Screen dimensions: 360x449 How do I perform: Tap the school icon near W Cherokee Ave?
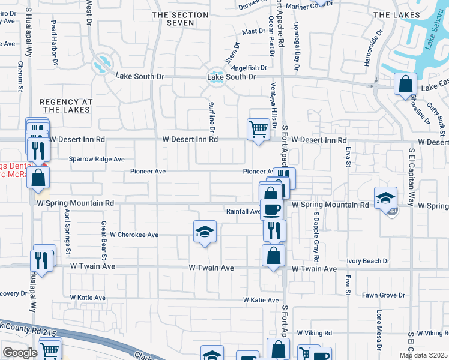tap(205, 232)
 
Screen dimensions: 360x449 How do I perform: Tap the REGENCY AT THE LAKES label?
tap(66, 106)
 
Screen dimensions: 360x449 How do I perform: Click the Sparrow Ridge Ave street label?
tap(96, 159)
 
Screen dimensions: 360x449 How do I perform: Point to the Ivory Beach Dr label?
tap(368, 261)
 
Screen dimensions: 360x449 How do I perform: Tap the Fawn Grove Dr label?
tap(383, 295)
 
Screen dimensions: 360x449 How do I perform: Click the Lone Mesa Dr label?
tap(379, 329)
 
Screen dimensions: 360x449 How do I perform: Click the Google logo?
tap(19, 353)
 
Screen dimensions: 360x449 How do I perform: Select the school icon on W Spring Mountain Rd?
tap(385, 197)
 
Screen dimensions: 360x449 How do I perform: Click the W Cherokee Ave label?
tap(134, 235)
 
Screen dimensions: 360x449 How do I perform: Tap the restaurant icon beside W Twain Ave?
tap(41, 259)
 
